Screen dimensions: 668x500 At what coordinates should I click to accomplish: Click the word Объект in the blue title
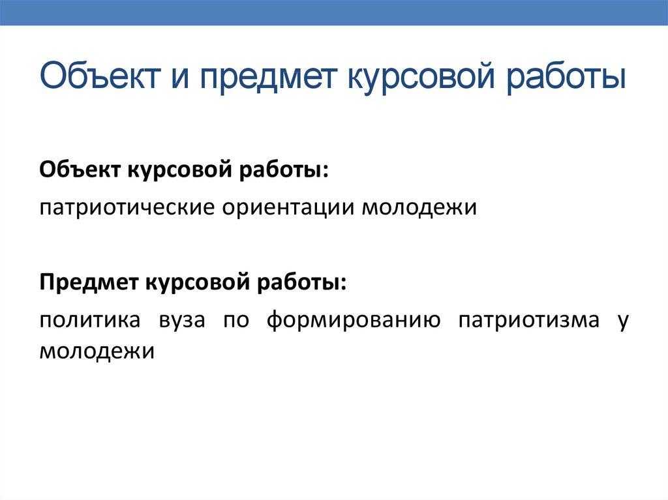click(x=100, y=76)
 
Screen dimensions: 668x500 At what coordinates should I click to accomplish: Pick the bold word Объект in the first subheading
click(x=80, y=170)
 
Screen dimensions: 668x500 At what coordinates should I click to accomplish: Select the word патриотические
click(x=127, y=208)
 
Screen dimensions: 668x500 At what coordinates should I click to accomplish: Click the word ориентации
click(x=288, y=208)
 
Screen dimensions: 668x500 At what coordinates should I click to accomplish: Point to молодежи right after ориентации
click(x=419, y=208)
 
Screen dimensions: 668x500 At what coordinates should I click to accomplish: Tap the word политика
click(x=90, y=320)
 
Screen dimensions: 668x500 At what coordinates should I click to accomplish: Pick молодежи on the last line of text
click(x=97, y=352)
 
